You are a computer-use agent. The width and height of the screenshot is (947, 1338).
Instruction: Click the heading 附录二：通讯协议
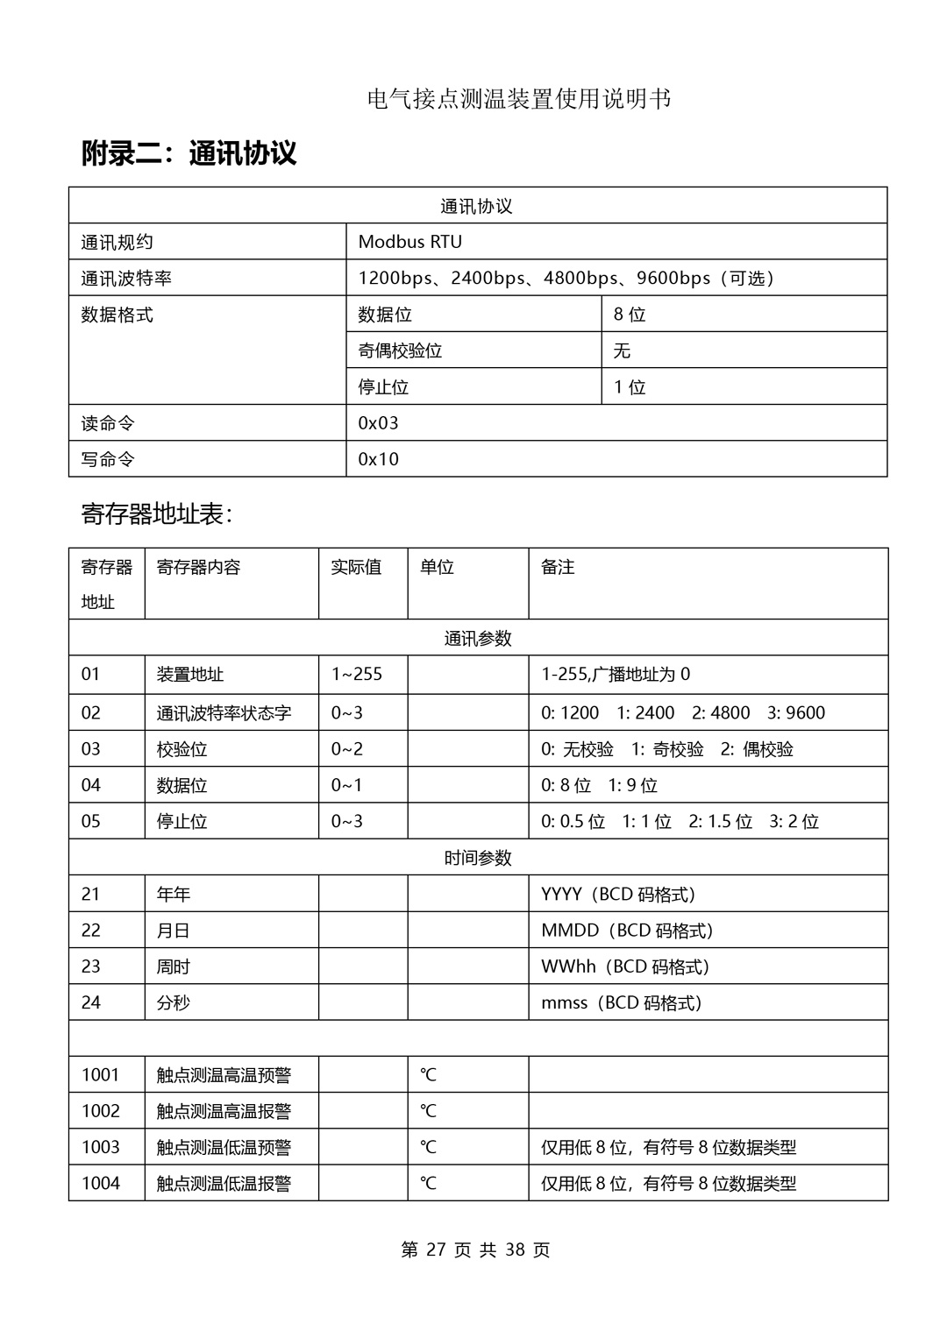point(189,153)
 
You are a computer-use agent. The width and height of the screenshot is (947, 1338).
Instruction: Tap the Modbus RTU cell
point(409,242)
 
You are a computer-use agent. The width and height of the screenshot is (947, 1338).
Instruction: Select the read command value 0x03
point(378,423)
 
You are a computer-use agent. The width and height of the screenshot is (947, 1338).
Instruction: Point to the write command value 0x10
point(378,459)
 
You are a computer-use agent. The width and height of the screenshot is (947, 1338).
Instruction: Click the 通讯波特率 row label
point(126,279)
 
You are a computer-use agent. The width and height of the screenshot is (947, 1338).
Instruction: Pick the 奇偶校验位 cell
point(400,350)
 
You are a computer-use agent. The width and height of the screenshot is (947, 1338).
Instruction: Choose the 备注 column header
point(558,568)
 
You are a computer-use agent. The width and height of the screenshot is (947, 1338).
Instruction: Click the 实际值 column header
point(356,568)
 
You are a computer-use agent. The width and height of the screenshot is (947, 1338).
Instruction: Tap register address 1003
point(100,1147)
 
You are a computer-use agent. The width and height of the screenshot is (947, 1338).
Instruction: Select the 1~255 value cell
point(356,675)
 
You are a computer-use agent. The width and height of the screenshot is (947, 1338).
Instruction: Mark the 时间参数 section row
point(477,858)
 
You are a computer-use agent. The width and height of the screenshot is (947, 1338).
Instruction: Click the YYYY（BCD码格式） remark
point(617,895)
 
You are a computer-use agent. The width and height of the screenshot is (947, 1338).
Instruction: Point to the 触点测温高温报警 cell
point(224,1111)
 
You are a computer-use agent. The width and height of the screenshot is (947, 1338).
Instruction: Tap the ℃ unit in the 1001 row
point(428,1075)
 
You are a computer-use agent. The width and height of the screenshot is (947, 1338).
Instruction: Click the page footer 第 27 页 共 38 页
point(475,1250)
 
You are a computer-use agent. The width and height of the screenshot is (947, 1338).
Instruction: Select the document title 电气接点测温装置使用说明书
point(519,99)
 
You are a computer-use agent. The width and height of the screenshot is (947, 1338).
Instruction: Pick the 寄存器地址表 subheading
point(156,514)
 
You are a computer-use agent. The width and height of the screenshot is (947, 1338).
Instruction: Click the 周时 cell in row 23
point(173,966)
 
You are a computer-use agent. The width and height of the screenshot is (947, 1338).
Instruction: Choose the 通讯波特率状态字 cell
point(224,713)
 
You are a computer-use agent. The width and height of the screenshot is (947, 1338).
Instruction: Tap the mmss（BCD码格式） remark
point(621,1003)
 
